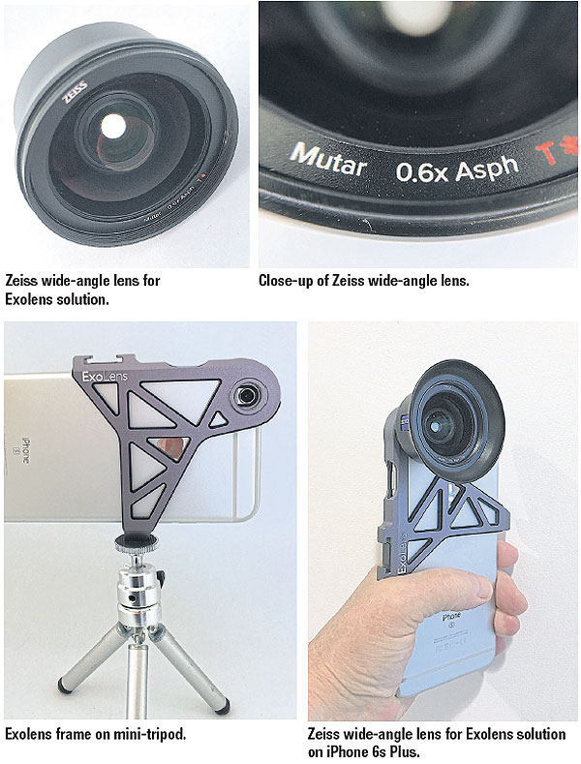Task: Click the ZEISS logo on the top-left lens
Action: click(76, 86)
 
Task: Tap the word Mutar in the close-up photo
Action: click(328, 162)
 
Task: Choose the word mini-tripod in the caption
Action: click(150, 735)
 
